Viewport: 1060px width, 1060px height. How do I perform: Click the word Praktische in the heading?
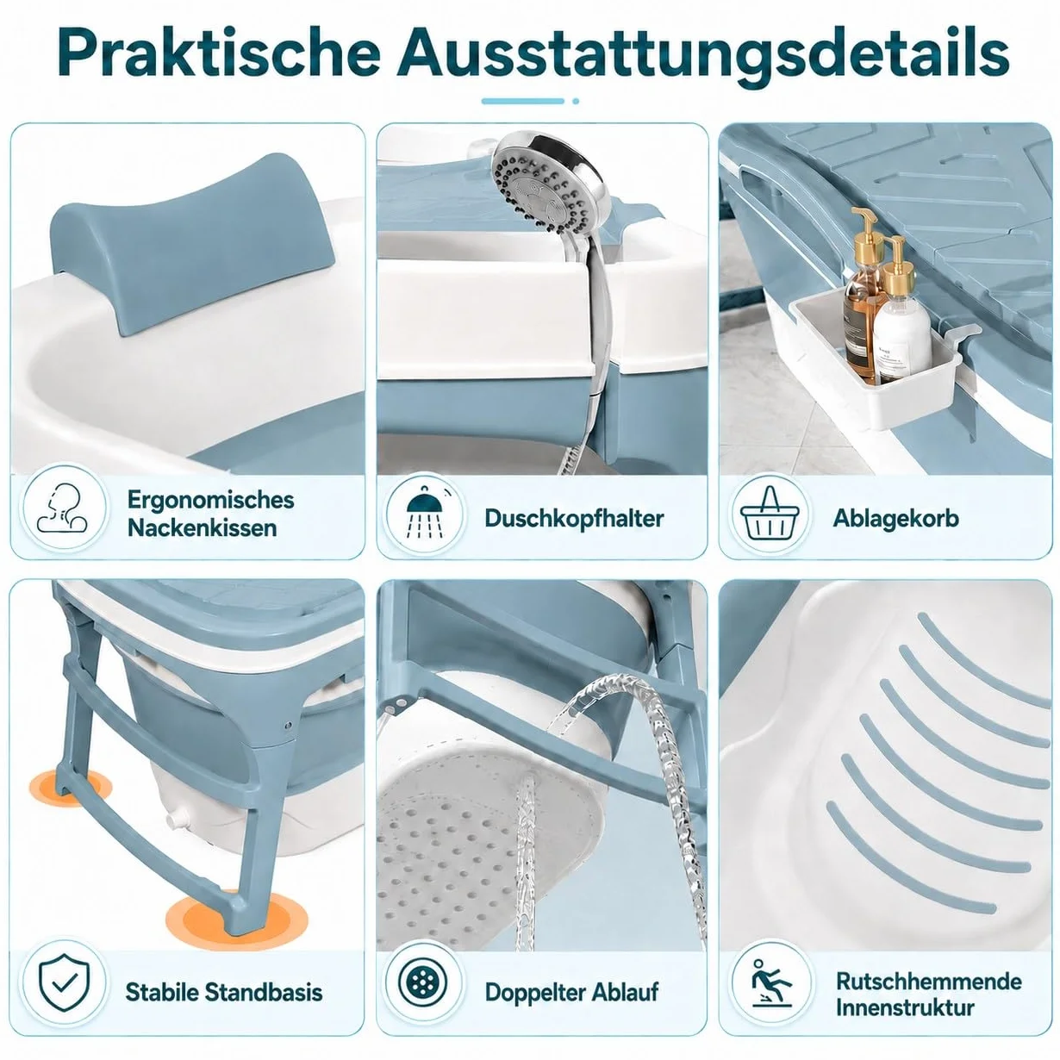pos(219,53)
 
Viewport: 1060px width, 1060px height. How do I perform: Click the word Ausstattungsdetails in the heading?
pos(703,53)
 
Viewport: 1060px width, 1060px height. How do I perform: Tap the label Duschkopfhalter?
pos(574,519)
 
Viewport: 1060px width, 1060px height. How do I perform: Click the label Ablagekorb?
pos(895,518)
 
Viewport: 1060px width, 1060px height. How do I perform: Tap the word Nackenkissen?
pos(203,528)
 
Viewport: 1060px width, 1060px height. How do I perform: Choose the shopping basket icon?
pos(769,514)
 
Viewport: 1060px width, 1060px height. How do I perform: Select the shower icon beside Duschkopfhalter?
pos(424,512)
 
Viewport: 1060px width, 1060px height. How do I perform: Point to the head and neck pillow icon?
pos(65,508)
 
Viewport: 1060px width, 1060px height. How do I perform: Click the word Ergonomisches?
pos(210,500)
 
